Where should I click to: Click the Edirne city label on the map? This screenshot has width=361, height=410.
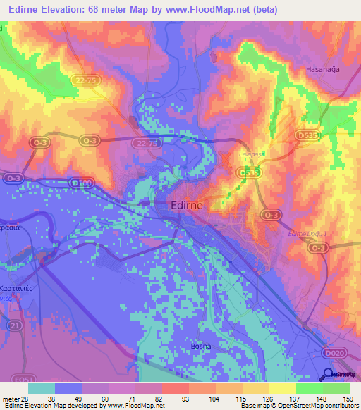click(188, 206)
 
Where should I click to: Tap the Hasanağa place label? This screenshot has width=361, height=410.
click(324, 69)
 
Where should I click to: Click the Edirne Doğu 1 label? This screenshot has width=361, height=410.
click(307, 234)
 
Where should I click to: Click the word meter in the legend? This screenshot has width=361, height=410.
click(9, 397)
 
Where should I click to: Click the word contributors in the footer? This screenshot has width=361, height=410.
click(341, 406)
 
